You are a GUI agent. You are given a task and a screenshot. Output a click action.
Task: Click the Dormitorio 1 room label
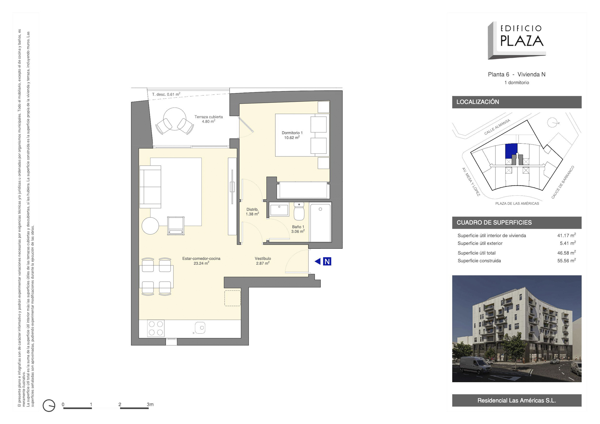pos(292,135)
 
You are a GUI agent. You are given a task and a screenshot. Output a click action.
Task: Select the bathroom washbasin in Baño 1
pos(279,210)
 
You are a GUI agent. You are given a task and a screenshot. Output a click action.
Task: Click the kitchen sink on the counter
pos(200,328)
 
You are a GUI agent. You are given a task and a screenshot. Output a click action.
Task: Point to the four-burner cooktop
pos(156,328)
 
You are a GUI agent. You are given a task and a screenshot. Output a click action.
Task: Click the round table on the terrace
pos(174,119)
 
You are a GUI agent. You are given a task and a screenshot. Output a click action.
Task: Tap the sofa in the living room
pos(150,187)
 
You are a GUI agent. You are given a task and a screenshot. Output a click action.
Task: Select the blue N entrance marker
pos(327,261)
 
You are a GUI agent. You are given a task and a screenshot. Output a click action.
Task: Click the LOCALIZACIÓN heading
pos(477,102)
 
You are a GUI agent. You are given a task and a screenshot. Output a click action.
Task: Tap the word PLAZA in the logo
pos(522,41)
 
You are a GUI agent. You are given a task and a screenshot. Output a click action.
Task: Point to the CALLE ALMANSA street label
pos(497,127)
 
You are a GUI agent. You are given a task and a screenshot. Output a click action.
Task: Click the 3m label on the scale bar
pos(150,404)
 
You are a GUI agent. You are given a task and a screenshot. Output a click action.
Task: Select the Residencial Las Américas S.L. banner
pos(517,400)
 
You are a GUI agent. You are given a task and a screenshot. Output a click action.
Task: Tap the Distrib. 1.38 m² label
pos(252,212)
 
